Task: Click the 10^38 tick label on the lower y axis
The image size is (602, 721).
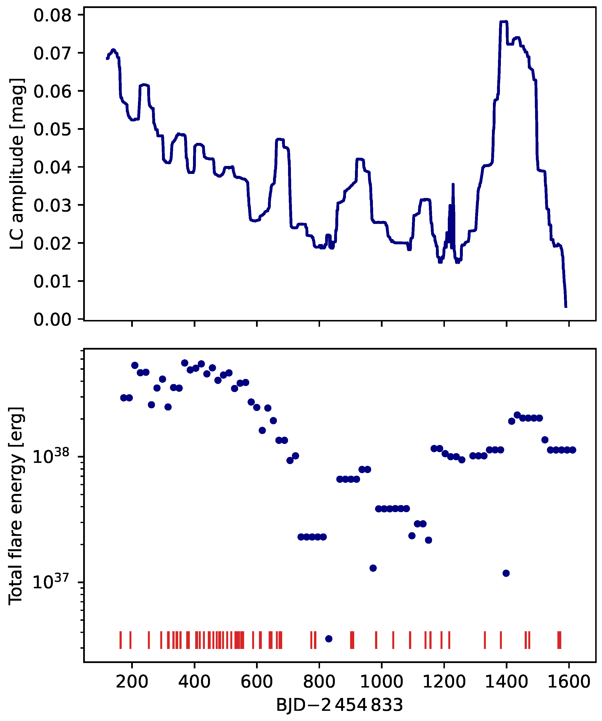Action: pos(51,457)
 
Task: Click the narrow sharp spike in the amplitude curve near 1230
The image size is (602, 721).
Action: pos(453,185)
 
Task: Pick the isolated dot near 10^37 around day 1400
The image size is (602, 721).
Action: pos(506,573)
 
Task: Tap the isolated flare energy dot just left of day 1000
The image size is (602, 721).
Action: pos(373,568)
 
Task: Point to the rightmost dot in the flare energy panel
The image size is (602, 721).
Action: pos(572,450)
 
